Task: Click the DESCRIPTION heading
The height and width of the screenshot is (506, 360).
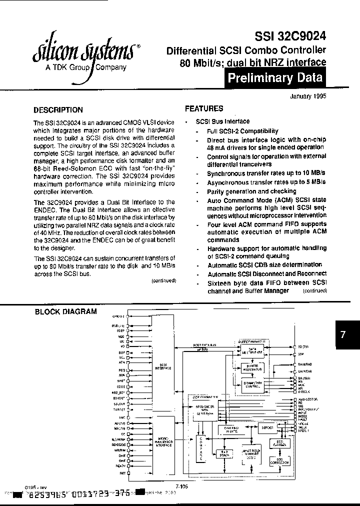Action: [x=58, y=110]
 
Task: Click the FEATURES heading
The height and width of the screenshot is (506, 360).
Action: [x=204, y=108]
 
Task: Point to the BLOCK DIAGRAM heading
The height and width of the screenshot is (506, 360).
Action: [x=65, y=311]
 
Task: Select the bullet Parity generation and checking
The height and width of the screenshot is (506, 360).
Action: [x=251, y=191]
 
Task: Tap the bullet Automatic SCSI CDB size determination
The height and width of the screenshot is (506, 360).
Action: [x=264, y=265]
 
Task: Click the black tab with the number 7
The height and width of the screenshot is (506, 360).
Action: [x=343, y=336]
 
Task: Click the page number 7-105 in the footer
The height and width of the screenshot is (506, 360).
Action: [x=181, y=485]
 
